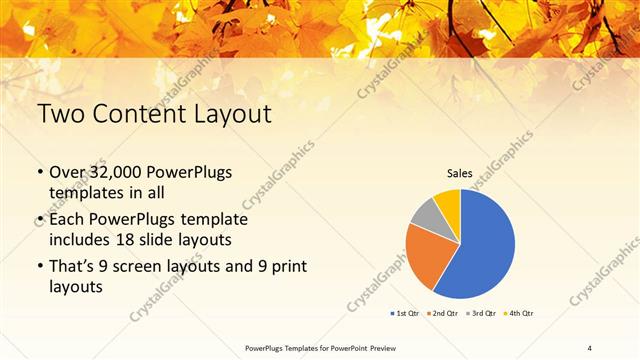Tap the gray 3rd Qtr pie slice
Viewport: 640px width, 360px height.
pyautogui.click(x=425, y=212)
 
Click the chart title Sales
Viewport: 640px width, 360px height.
pyautogui.click(x=459, y=174)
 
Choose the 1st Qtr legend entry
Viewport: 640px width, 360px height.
pyautogui.click(x=406, y=313)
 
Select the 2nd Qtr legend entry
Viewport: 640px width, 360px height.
pyautogui.click(x=444, y=313)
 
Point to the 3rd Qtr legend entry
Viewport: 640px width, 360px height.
pyautogui.click(x=483, y=313)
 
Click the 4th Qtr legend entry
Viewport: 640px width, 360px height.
pyautogui.click(x=521, y=313)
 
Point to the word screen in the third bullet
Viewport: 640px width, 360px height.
pyautogui.click(x=135, y=266)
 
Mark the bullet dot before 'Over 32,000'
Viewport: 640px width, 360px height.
pyautogui.click(x=40, y=173)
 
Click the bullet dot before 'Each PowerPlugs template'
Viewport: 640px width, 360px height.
pyautogui.click(x=40, y=219)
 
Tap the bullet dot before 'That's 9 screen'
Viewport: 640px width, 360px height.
pyautogui.click(x=40, y=266)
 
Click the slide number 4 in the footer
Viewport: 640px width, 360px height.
pyautogui.click(x=590, y=347)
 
